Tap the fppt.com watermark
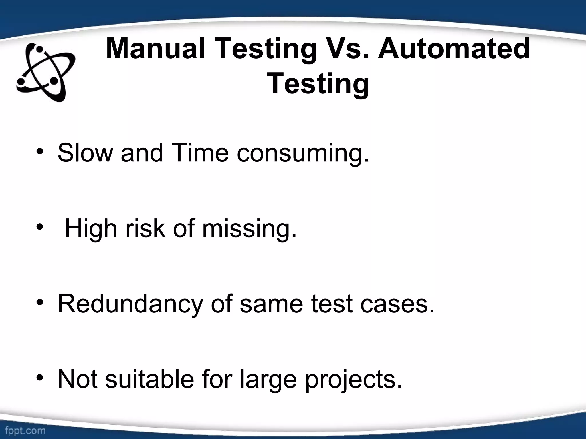pyautogui.click(x=25, y=430)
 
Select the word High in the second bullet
pyautogui.click(x=91, y=229)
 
